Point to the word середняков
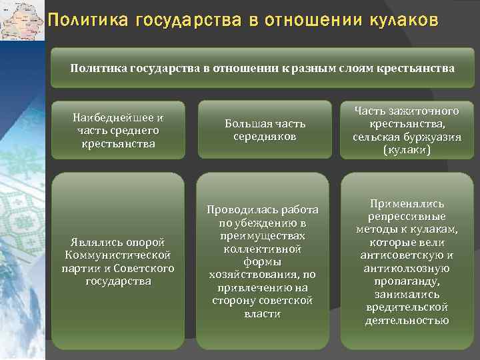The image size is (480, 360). point(265,136)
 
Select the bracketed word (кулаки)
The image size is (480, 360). point(407,150)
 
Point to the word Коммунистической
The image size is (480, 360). point(118,255)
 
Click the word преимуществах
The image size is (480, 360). point(265,235)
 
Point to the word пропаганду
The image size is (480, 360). point(407,281)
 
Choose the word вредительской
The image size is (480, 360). point(407,307)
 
